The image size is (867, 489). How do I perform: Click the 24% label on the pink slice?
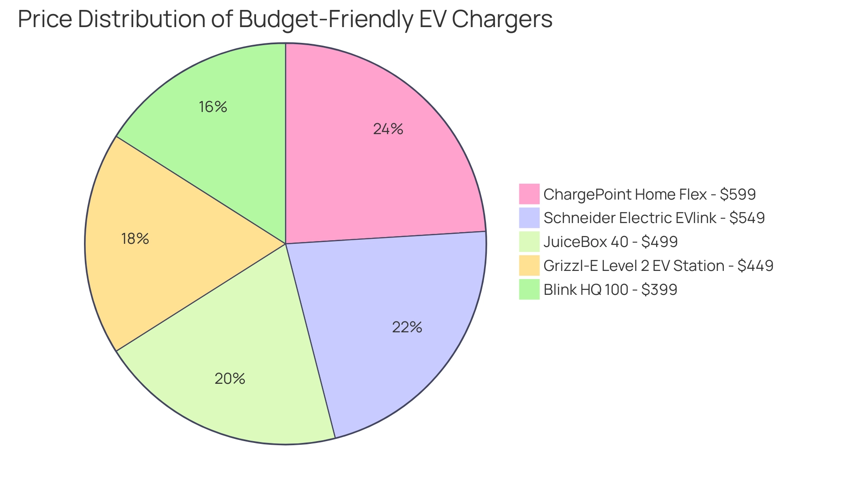(388, 129)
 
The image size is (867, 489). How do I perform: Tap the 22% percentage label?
(407, 327)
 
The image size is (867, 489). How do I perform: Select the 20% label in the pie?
(230, 378)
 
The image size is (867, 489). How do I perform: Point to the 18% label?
(135, 238)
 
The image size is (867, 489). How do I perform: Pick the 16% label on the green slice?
(213, 107)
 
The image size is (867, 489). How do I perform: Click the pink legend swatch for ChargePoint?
(529, 194)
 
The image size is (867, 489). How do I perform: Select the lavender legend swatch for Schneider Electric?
(529, 218)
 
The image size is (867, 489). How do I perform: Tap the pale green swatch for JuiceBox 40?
(529, 242)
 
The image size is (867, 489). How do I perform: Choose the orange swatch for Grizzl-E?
(529, 265)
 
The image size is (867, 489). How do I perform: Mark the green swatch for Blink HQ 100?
(529, 289)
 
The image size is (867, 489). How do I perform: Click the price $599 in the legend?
(737, 194)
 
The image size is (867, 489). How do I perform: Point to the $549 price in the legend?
(747, 218)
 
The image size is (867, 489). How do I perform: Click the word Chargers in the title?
(502, 19)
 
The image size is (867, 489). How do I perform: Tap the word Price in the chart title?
(45, 19)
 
